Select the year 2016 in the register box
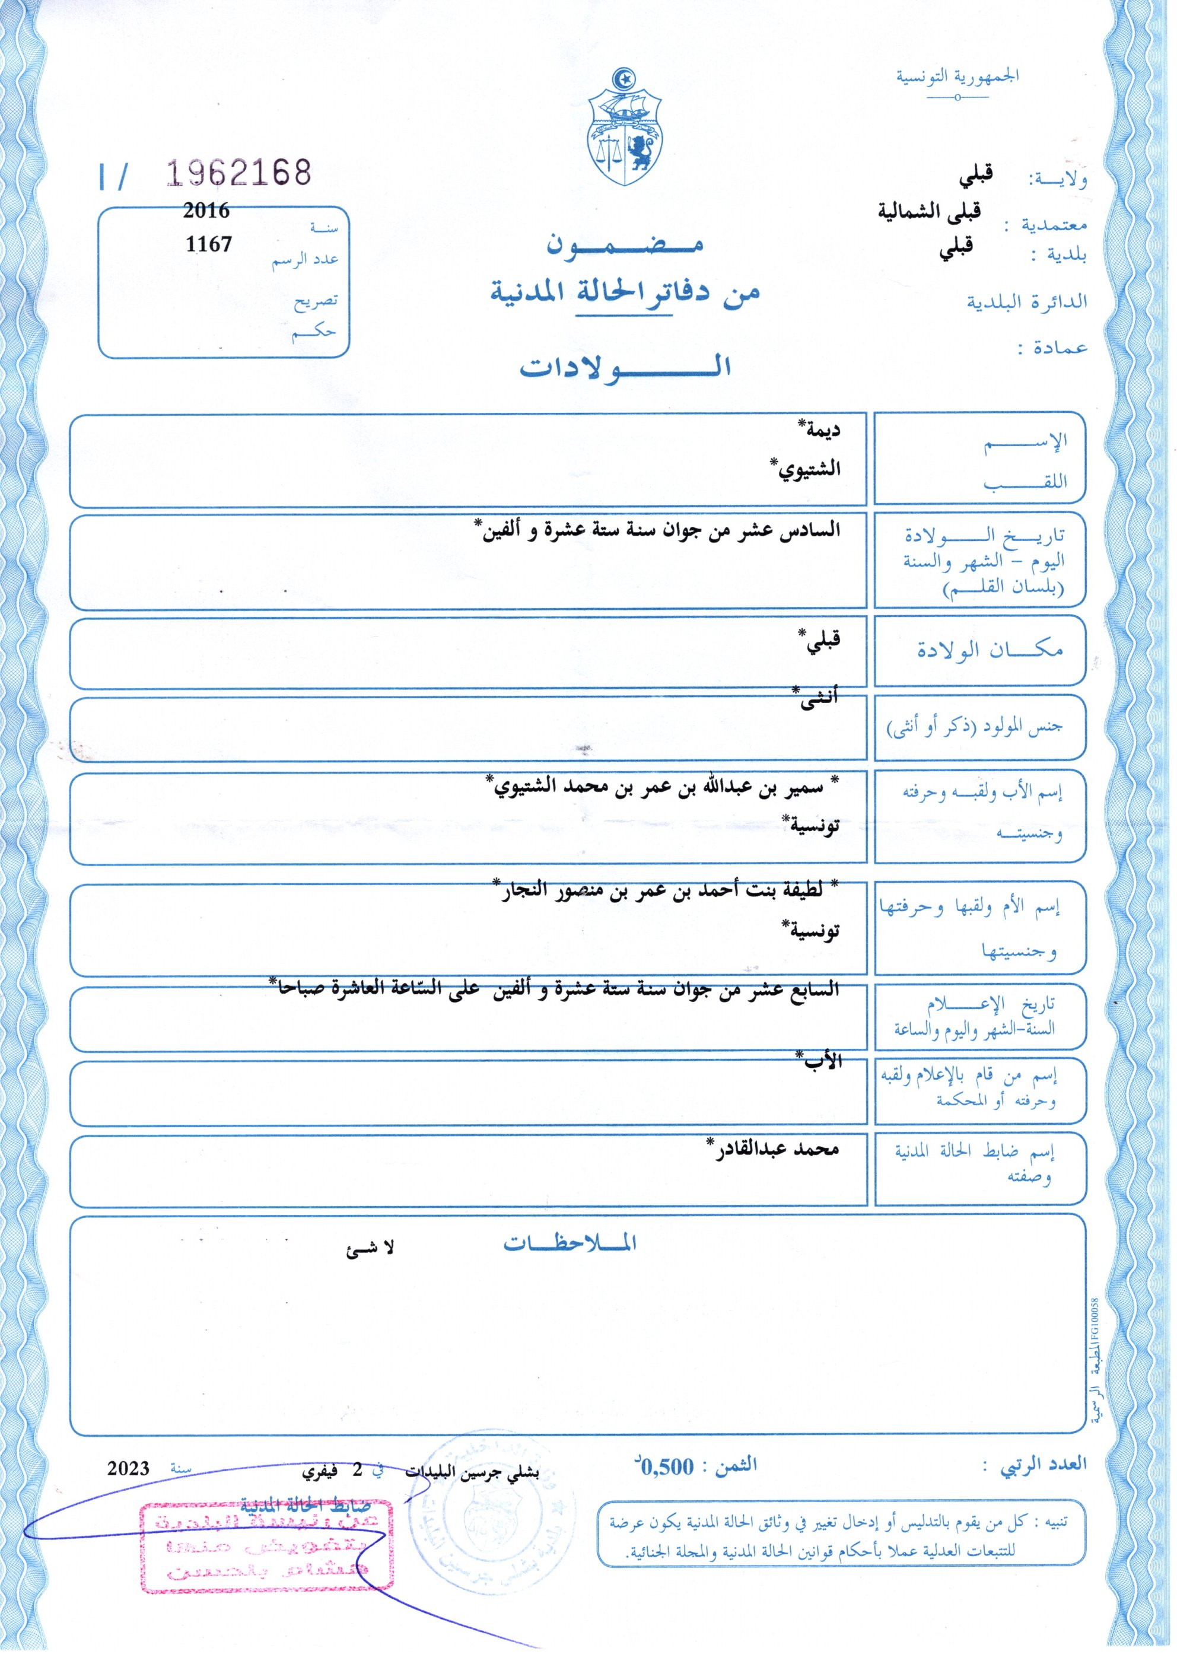coord(206,211)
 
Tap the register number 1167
coord(208,244)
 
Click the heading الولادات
coord(625,367)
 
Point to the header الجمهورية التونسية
coord(957,76)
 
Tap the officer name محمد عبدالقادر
coord(774,1148)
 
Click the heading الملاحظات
coord(570,1243)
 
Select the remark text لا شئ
coord(370,1248)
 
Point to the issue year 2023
coord(128,1469)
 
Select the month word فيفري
coord(320,1472)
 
